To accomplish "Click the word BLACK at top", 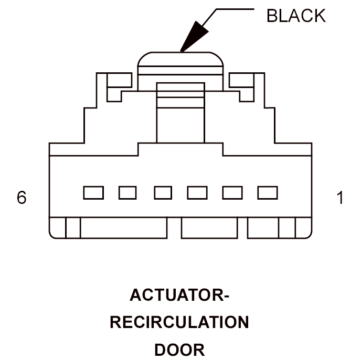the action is (296, 16).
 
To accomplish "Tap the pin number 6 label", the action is (22, 197).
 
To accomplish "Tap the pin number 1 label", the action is (340, 198).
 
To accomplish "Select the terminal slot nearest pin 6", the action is (93, 193).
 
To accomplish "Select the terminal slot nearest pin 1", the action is (268, 193).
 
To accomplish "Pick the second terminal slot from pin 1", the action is (232, 193).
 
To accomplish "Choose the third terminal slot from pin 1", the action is (197, 193).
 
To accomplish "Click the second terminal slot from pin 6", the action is (128, 193).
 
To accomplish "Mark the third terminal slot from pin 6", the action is (163, 193).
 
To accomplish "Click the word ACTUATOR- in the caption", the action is (179, 295).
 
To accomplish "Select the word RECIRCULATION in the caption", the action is (179, 322).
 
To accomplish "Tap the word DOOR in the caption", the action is (179, 350).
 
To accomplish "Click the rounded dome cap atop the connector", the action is (181, 59).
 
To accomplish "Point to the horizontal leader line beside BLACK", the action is (235, 9).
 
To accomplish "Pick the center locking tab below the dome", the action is (181, 113).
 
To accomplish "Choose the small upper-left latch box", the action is (120, 80).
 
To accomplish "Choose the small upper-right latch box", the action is (241, 80).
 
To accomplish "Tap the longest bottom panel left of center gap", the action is (124, 227).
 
